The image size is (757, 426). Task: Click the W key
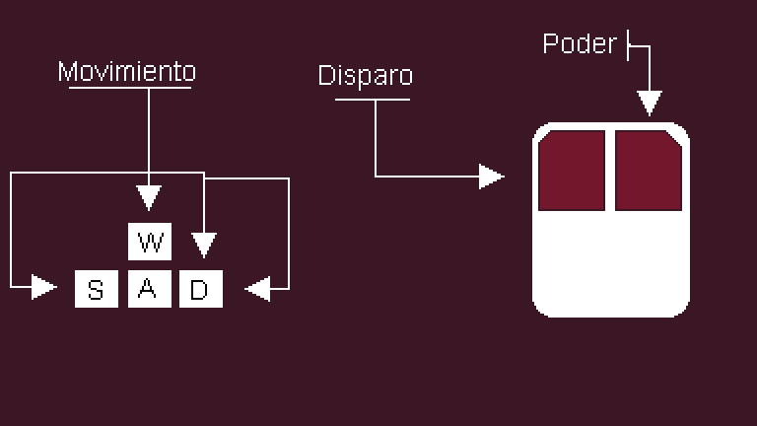coord(149,242)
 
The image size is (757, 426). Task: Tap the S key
coord(96,289)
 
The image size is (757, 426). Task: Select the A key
coord(148,289)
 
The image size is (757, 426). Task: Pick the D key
coord(200,289)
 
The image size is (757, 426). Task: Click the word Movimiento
coord(127,72)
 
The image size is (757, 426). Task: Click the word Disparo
coord(365,76)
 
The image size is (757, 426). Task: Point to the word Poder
coord(580,44)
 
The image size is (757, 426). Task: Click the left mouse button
coord(572,169)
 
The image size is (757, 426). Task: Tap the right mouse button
coord(649,169)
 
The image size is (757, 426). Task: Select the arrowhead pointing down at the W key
coord(148,196)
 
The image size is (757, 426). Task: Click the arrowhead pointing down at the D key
coord(203,244)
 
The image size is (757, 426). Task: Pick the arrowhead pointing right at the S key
coord(43,287)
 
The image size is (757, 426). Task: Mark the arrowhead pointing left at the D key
coord(257,288)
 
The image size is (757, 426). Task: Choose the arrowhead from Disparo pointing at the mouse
coord(491,177)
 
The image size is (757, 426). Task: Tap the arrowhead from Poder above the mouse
coord(648,103)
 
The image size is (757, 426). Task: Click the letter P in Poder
coord(551,44)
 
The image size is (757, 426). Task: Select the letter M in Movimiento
coord(67,72)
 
